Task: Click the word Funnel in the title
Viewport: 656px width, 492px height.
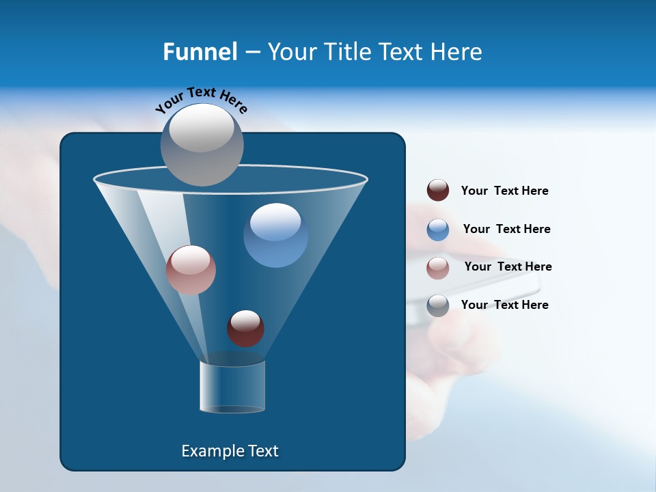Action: (x=200, y=51)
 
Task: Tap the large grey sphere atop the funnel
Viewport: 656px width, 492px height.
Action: (x=202, y=144)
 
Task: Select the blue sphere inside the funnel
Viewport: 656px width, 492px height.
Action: (x=275, y=235)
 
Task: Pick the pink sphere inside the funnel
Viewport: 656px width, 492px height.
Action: (x=191, y=269)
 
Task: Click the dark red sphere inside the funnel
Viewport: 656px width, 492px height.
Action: (x=245, y=328)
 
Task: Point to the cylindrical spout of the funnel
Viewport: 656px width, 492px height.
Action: (x=232, y=386)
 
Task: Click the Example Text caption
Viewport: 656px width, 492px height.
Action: (x=230, y=451)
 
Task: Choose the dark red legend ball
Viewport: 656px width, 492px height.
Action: (x=438, y=191)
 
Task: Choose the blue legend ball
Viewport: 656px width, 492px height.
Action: (x=438, y=229)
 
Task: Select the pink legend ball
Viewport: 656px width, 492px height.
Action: (x=438, y=267)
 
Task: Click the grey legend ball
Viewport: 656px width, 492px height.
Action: (x=438, y=305)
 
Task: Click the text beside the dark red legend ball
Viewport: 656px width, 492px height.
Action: (x=504, y=191)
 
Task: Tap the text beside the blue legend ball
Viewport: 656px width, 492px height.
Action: (x=506, y=229)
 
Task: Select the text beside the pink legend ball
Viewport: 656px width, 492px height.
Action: (x=508, y=266)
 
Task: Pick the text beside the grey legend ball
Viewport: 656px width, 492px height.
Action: (x=504, y=305)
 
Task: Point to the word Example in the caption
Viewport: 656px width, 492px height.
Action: (x=207, y=451)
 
